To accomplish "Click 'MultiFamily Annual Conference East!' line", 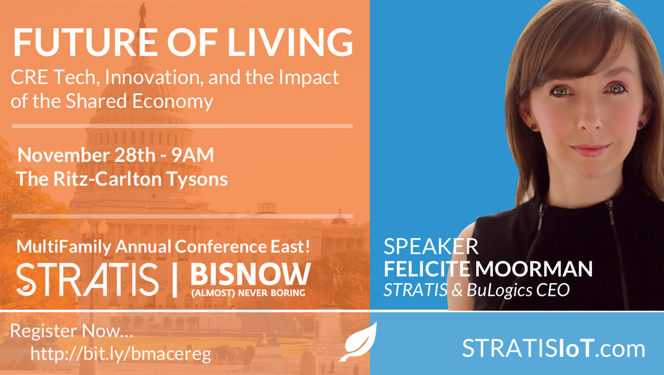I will click(x=162, y=247).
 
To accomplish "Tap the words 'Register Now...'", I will click(x=72, y=332).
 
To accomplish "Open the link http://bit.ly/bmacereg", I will click(x=121, y=353).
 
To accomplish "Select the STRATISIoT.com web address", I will click(x=553, y=349).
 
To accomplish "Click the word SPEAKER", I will click(x=431, y=246).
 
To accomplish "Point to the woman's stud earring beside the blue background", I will click(x=533, y=126).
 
